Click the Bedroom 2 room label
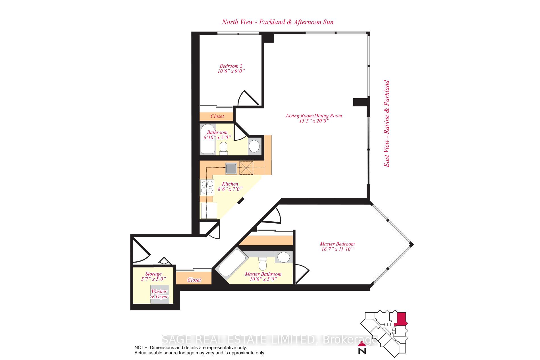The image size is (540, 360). tap(231, 66)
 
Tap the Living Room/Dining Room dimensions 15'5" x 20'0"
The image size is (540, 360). tap(314, 121)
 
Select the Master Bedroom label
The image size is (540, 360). tap(337, 244)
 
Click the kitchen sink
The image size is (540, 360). tap(231, 168)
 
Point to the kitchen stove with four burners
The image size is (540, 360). tap(207, 187)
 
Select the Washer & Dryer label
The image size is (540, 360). tap(159, 294)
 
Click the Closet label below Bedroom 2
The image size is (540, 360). tap(217, 116)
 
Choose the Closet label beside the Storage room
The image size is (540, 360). tap(194, 280)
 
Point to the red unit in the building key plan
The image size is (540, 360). tap(401, 319)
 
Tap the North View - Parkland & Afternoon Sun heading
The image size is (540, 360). tap(277, 22)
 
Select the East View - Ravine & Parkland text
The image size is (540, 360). tap(386, 124)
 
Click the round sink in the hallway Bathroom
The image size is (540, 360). tap(254, 147)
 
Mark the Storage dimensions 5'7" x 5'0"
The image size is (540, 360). tap(153, 279)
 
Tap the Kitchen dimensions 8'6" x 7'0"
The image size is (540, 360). tap(230, 189)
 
